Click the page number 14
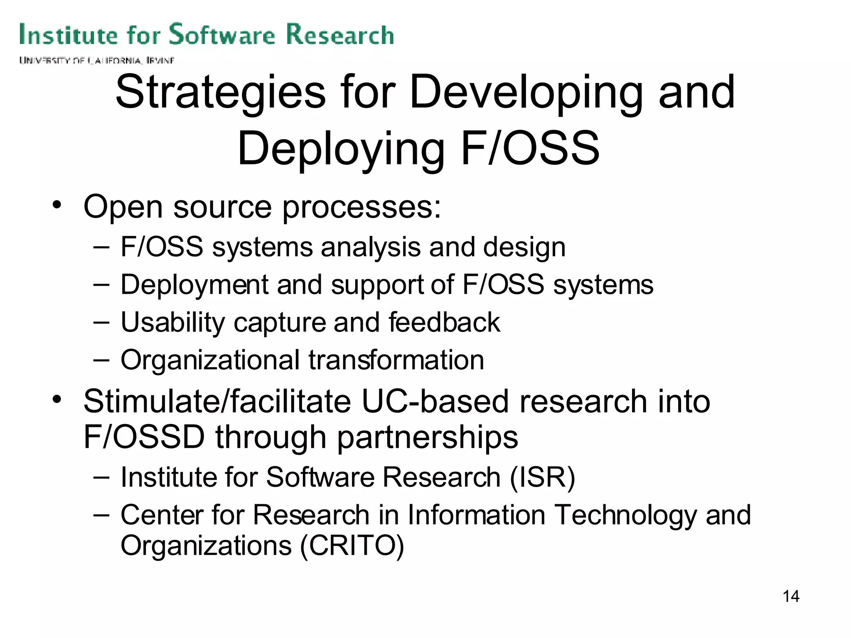click(x=791, y=596)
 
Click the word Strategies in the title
click(x=220, y=93)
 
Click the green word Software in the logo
click(x=222, y=34)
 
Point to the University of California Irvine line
click(x=96, y=61)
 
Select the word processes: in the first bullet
click(x=362, y=207)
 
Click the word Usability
click(x=172, y=323)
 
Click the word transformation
click(x=396, y=360)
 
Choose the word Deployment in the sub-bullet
click(x=194, y=285)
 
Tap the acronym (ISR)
click(x=542, y=477)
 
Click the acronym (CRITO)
click(x=352, y=546)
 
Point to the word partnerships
click(x=427, y=438)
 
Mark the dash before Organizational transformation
click(x=101, y=359)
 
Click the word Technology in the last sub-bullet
click(x=625, y=515)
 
